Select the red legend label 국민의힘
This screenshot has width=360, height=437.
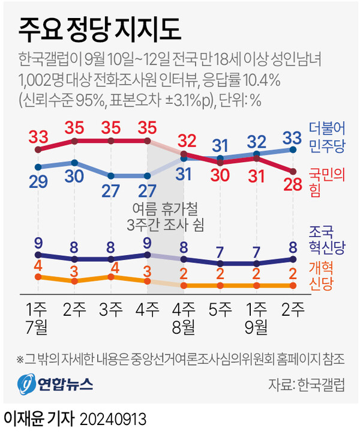[326, 179]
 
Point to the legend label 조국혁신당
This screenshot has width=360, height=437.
[326, 238]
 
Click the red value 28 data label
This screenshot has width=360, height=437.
[292, 187]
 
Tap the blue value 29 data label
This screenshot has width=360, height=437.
[40, 182]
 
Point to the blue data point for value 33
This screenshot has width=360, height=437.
[293, 149]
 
